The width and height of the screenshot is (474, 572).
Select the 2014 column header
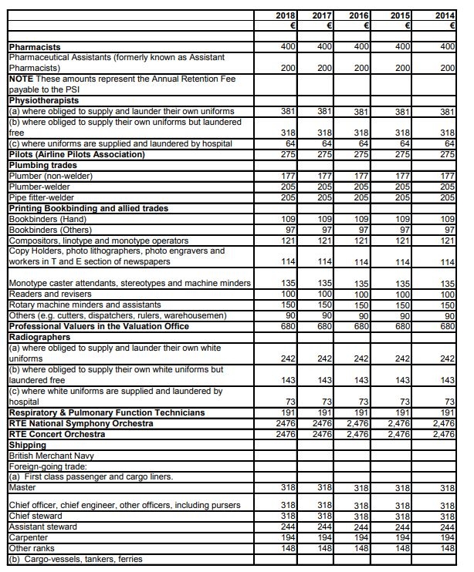[x=444, y=15]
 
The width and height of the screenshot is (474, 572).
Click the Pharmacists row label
[x=35, y=48]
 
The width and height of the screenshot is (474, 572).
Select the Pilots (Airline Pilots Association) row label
[x=76, y=155]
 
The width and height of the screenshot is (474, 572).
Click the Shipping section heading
[x=27, y=445]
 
